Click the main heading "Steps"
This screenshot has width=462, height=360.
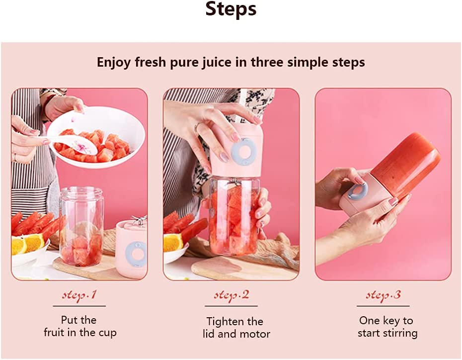coord(231,9)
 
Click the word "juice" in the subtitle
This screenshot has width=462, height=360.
coord(217,63)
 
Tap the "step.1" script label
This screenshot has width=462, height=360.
coord(79,295)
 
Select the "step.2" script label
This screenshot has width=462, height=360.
coord(231,295)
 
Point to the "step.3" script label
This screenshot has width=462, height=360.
coord(383,295)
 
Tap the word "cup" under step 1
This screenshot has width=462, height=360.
coord(107,333)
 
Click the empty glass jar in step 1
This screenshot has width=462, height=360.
coord(81,226)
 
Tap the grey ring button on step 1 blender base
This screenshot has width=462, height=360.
coord(136,254)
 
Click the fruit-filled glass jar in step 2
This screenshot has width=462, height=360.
coord(234,216)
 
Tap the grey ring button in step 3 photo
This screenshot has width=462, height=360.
coord(357,191)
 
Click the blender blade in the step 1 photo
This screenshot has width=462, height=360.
coord(138,220)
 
